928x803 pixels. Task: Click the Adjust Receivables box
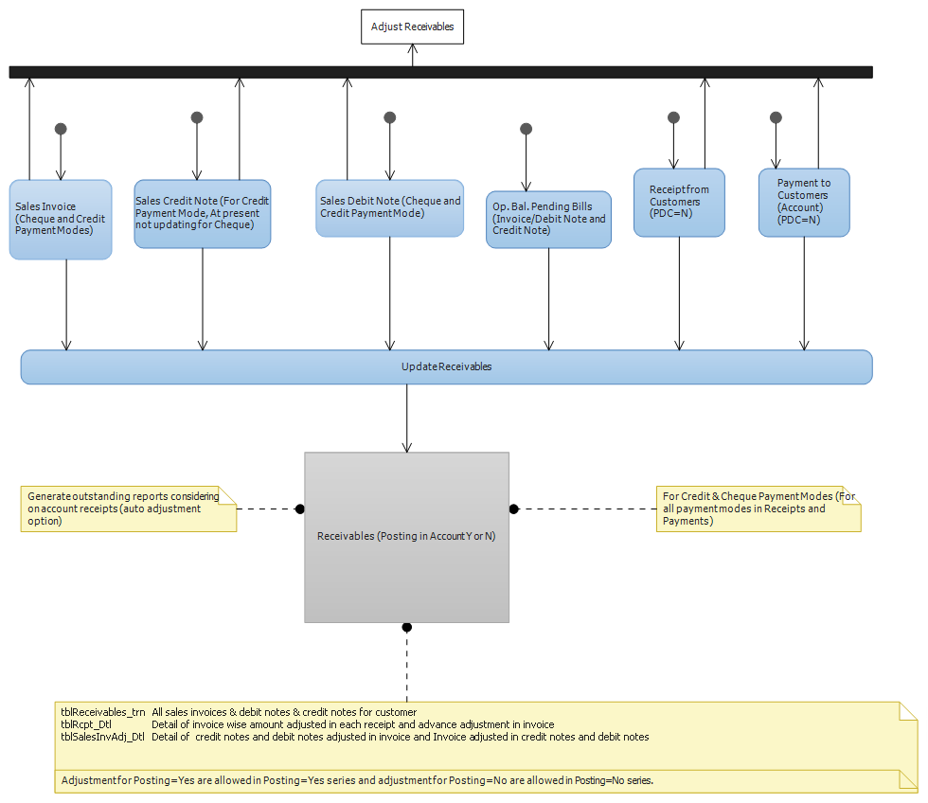(x=413, y=27)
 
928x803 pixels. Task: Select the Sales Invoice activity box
(x=61, y=220)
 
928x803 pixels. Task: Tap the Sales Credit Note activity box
(x=203, y=214)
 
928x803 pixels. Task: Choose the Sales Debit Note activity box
(x=390, y=208)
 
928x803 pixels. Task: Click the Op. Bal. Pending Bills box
(x=548, y=220)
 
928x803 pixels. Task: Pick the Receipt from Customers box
(x=680, y=203)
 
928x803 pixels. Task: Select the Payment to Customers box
(x=804, y=203)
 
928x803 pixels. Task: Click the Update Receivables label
(x=446, y=366)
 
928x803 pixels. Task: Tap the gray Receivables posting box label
(x=406, y=536)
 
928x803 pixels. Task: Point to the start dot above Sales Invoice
(x=61, y=129)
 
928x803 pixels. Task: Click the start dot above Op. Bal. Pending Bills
(x=526, y=129)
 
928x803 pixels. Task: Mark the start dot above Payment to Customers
(x=776, y=117)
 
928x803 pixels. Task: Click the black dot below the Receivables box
(x=406, y=627)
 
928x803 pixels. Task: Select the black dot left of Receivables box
(x=300, y=509)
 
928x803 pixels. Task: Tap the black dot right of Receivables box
(x=513, y=509)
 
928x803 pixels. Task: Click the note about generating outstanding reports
(x=129, y=509)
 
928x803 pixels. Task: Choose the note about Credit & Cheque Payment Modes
(x=758, y=509)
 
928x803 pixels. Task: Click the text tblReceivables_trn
(x=103, y=712)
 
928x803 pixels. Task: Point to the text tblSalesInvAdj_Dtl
(x=102, y=737)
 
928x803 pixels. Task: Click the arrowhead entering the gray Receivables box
(x=406, y=447)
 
